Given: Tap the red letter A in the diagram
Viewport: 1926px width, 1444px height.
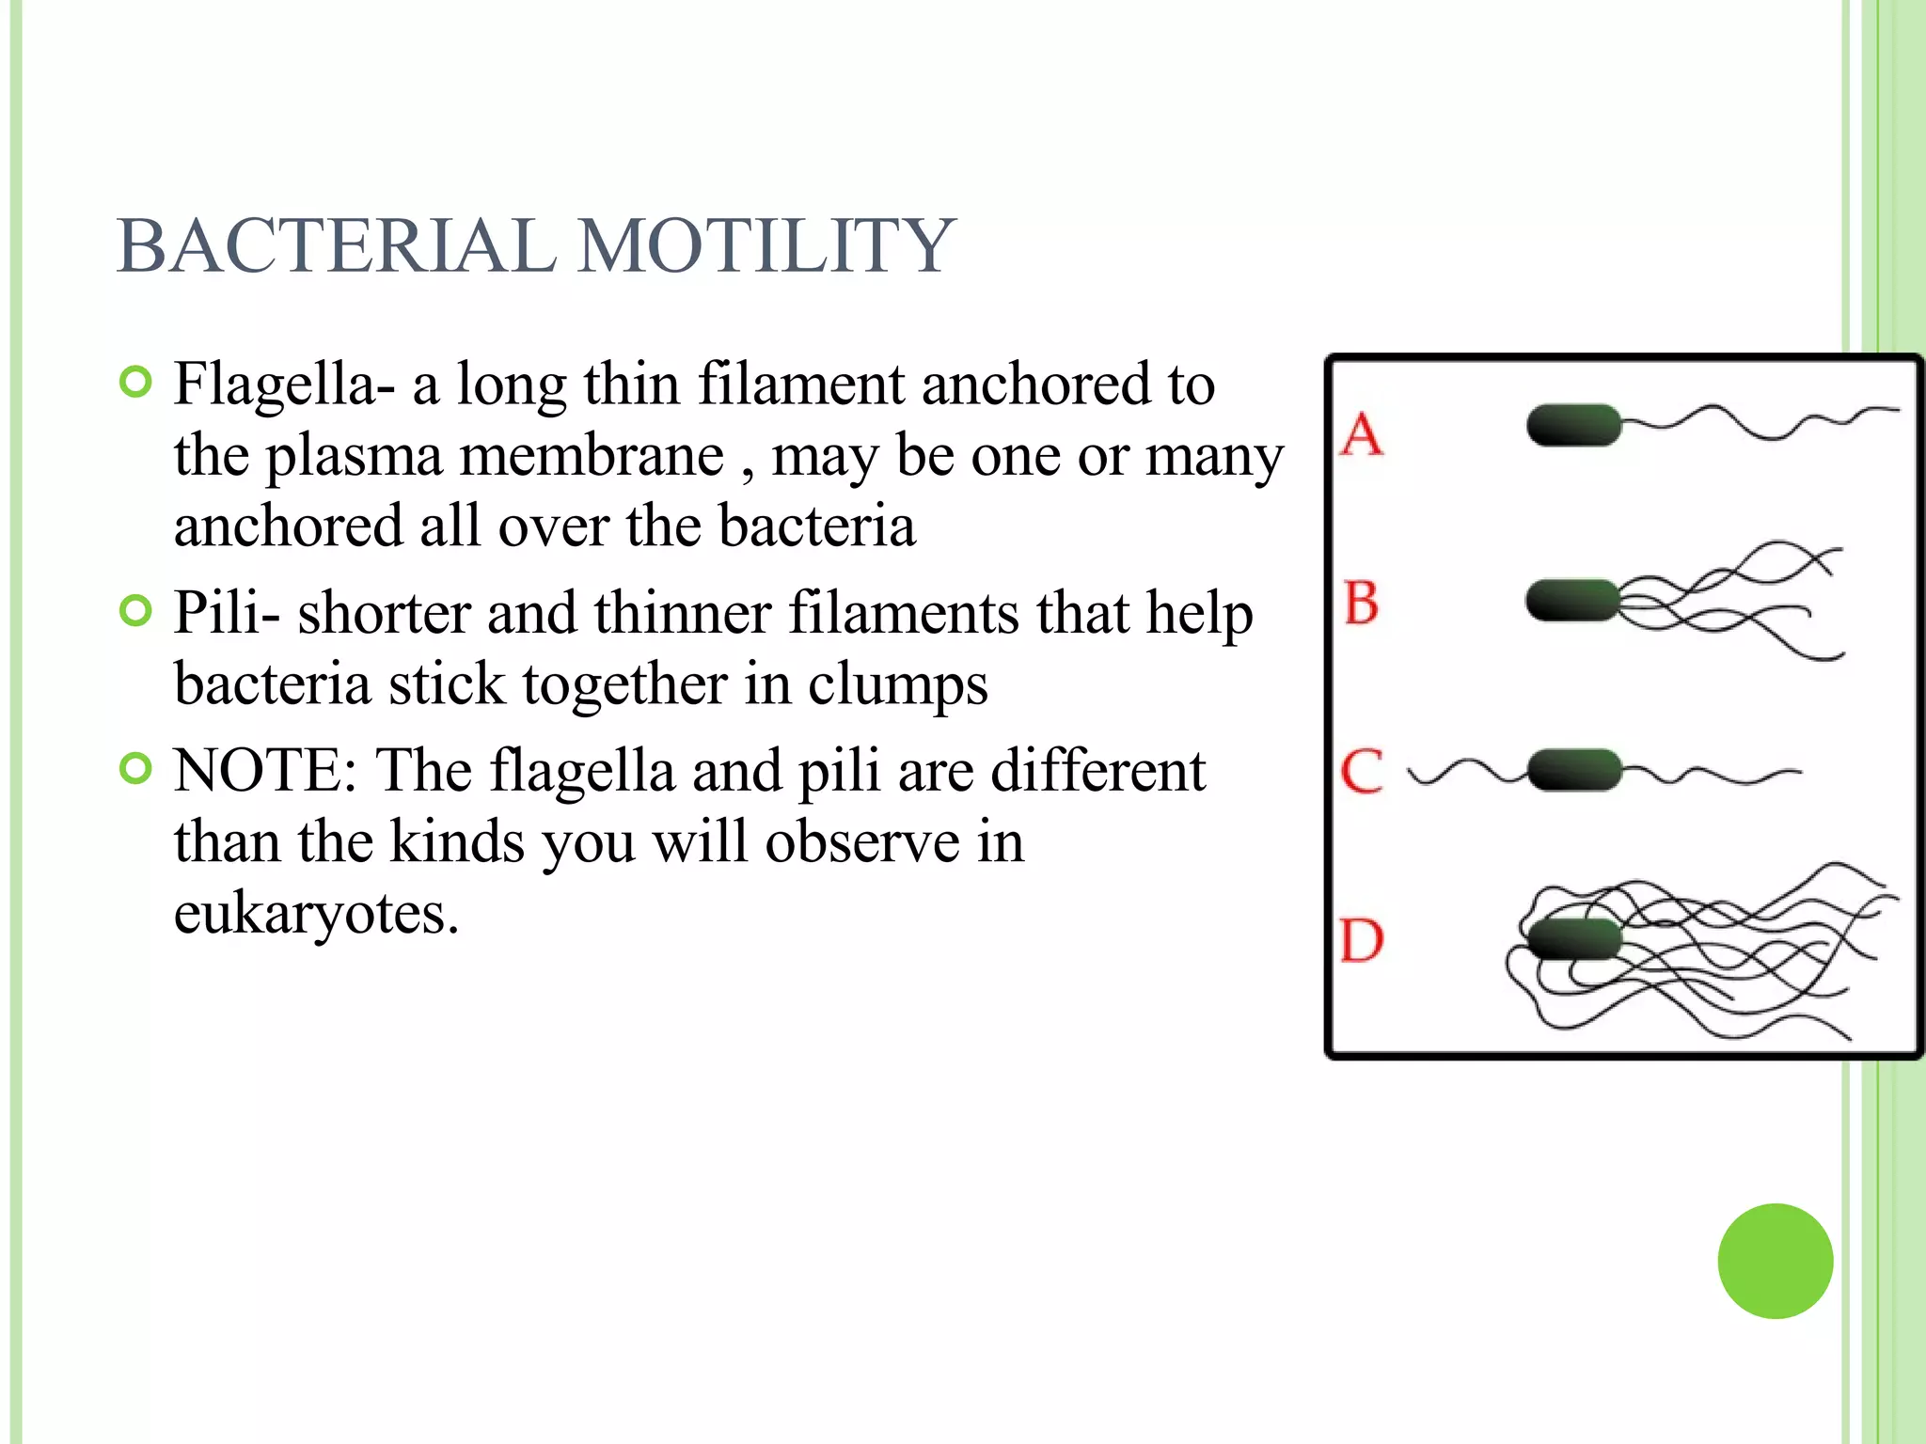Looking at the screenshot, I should (x=1363, y=434).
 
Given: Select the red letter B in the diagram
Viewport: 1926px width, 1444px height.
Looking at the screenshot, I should (x=1362, y=603).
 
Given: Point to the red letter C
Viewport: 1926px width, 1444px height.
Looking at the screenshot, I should (x=1362, y=771).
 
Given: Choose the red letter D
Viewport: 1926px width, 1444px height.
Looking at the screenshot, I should (x=1362, y=940).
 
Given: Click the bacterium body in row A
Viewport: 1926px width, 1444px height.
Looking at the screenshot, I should (x=1573, y=425).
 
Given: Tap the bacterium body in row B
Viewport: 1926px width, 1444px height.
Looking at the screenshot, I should (x=1572, y=601).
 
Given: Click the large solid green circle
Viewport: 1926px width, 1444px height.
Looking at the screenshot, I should (x=1775, y=1261).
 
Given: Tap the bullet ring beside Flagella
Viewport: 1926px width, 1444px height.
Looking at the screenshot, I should (x=136, y=383).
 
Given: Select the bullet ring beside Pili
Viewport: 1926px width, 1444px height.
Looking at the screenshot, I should (x=136, y=611).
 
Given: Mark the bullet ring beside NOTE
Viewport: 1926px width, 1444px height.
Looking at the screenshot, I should (x=136, y=769).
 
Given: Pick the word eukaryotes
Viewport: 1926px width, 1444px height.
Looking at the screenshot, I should (x=316, y=914).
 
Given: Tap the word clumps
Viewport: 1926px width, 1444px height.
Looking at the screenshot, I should (x=897, y=684).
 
